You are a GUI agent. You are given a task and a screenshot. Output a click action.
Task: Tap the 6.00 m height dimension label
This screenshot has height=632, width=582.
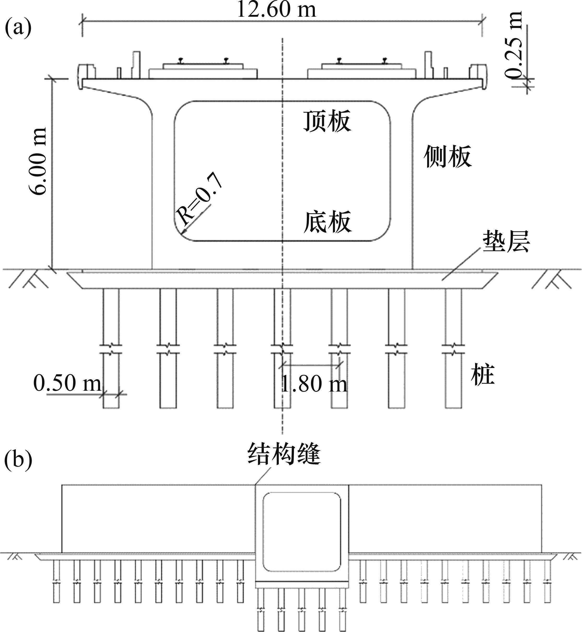pyautogui.click(x=37, y=161)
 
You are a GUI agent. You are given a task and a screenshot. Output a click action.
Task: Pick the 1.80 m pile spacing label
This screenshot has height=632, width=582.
pyautogui.click(x=314, y=384)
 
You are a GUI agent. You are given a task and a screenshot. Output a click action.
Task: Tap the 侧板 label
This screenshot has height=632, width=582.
pyautogui.click(x=447, y=157)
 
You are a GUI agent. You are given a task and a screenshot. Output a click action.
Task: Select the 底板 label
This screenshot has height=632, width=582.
pyautogui.click(x=328, y=222)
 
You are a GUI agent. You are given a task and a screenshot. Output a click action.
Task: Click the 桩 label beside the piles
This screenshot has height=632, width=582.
pyautogui.click(x=482, y=375)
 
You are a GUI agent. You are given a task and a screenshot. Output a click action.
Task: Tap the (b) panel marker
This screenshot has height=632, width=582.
pyautogui.click(x=18, y=460)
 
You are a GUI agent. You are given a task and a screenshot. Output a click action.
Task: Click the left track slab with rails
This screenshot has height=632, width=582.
pyautogui.click(x=203, y=69)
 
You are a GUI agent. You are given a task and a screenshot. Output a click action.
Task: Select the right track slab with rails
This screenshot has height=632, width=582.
pyautogui.click(x=362, y=69)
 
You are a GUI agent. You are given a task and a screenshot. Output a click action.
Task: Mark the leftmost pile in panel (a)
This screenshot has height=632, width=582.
pyautogui.click(x=112, y=347)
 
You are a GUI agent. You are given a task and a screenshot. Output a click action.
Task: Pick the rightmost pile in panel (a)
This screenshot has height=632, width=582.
pyautogui.click(x=453, y=347)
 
